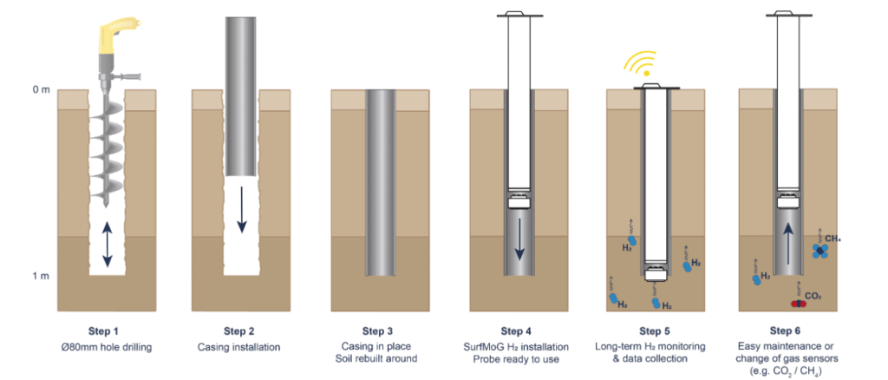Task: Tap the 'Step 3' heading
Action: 378,331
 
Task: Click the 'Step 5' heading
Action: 656,331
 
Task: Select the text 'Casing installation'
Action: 239,346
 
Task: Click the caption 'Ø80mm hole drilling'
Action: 103,346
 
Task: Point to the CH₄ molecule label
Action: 834,238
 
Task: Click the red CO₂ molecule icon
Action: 795,303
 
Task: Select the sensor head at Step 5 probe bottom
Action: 656,277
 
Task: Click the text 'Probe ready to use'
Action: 517,358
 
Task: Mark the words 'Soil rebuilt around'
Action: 378,358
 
